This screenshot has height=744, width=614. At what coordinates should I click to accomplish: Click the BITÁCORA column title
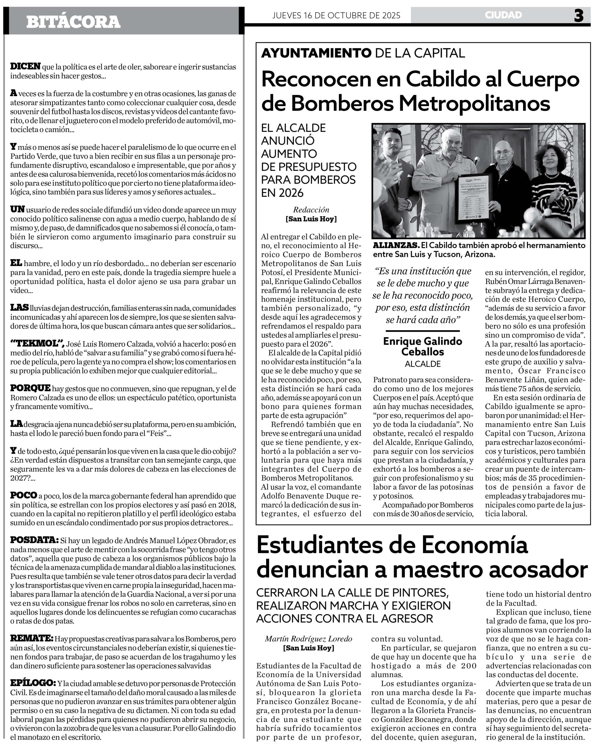[73, 22]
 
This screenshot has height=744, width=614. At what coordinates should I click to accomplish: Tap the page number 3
[579, 16]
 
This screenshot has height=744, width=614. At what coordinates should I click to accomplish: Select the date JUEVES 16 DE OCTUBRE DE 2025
[336, 15]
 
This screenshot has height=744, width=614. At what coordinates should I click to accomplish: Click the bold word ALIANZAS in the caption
[396, 245]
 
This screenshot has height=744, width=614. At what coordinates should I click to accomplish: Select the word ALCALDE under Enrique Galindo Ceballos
[423, 364]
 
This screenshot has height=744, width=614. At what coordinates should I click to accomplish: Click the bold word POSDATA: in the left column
[34, 540]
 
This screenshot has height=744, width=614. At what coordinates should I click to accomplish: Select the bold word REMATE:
[31, 638]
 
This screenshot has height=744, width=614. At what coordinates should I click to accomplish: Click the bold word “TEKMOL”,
[37, 343]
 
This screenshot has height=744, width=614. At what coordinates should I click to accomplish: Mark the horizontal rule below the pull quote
[422, 331]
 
